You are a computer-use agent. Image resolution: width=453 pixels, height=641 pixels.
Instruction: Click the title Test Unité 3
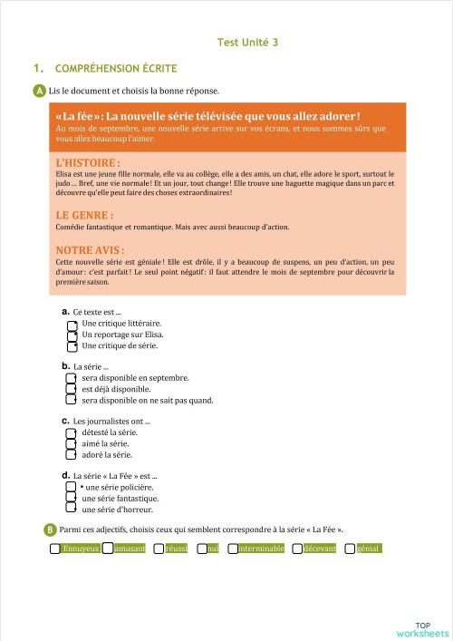(247, 42)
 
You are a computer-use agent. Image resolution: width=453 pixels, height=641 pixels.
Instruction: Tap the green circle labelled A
(39, 91)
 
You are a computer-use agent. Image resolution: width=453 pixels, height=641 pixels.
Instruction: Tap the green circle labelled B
(50, 529)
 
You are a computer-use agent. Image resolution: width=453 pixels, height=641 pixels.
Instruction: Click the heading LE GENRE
(84, 216)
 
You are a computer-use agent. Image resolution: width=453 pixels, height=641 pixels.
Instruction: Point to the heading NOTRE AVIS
(90, 249)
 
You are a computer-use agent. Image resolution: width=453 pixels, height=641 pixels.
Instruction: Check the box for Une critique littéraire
(72, 324)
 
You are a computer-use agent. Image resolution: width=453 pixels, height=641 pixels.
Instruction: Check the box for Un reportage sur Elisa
(72, 335)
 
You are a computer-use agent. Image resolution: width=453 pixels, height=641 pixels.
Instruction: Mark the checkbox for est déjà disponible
(72, 389)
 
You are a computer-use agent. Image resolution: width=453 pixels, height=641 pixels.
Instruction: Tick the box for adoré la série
(72, 455)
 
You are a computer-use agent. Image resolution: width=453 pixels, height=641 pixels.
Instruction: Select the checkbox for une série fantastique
(72, 499)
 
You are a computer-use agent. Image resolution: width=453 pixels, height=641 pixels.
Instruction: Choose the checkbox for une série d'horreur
(72, 510)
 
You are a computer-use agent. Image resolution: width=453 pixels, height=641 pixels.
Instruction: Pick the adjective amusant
(130, 549)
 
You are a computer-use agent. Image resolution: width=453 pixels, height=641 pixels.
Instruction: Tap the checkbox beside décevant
(298, 549)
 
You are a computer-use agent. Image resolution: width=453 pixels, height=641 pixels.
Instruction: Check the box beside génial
(350, 549)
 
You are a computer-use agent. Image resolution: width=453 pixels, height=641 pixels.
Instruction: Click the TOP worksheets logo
(422, 629)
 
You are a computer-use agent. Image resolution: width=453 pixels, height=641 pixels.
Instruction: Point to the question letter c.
(65, 422)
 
